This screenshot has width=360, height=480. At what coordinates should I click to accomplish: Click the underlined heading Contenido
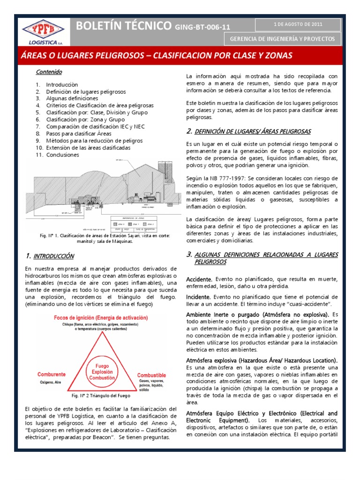[49, 72]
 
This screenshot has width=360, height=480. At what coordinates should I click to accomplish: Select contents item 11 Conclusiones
[62, 155]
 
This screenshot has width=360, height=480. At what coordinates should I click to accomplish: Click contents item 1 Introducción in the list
[61, 85]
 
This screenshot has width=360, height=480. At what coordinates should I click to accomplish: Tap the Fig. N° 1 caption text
[105, 239]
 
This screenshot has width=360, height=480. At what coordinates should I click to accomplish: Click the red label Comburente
[52, 375]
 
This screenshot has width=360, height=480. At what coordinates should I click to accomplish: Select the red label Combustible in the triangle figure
[151, 375]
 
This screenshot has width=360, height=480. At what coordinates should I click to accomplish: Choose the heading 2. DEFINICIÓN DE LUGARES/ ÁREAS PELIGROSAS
[248, 131]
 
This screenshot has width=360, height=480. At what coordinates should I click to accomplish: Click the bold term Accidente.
[199, 279]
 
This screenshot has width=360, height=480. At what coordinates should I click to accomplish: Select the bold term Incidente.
[198, 297]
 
